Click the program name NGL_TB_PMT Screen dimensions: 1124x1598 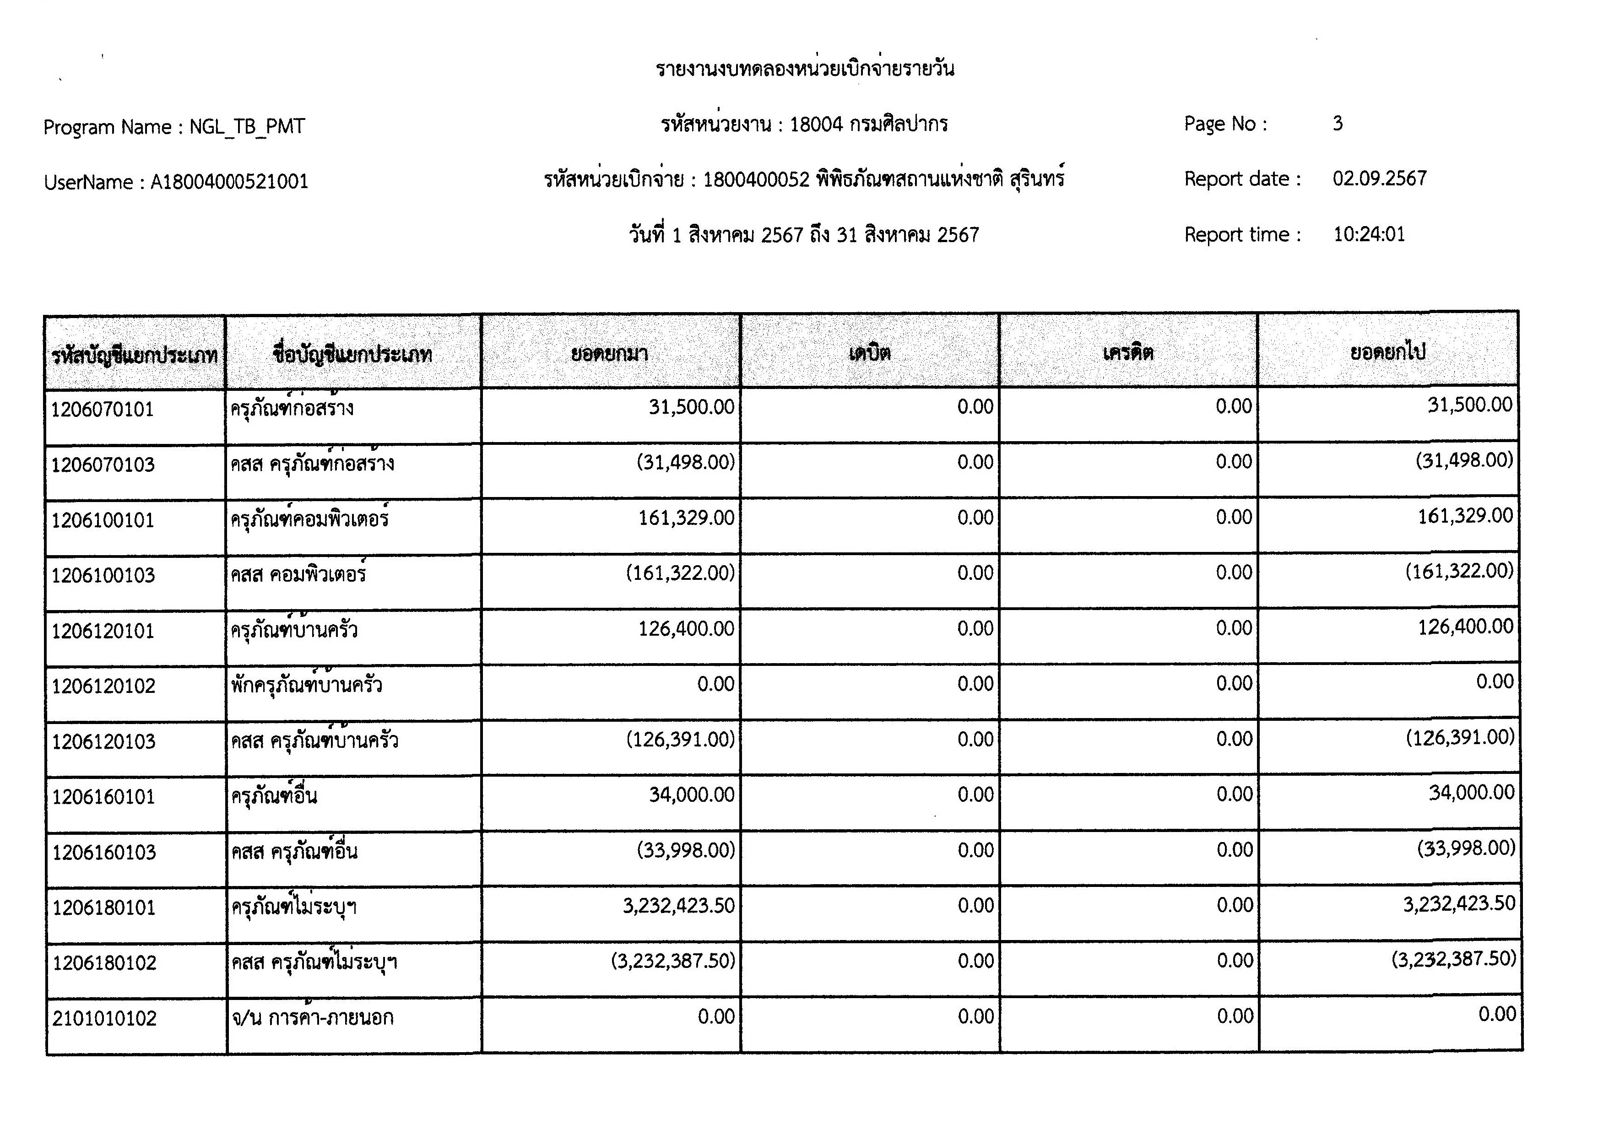point(247,127)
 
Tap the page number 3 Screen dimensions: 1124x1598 point(1337,124)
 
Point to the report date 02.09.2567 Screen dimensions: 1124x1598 point(1380,179)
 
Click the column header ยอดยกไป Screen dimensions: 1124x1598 point(1388,352)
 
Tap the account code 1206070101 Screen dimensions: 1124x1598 point(103,409)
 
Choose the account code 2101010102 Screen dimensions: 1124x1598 point(104,1019)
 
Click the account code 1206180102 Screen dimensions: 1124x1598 point(104,963)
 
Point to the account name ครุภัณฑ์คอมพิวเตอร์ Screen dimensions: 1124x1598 point(310,519)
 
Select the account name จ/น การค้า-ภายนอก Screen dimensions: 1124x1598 point(313,1017)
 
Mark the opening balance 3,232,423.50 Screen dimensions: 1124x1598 point(678,905)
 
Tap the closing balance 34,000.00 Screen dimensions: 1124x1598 point(1471,793)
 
